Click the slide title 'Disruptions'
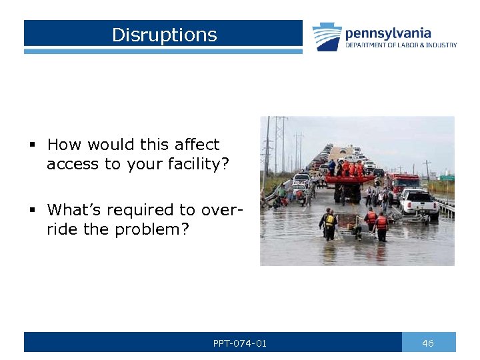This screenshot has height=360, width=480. click(x=164, y=35)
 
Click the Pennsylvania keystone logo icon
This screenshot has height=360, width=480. click(x=327, y=36)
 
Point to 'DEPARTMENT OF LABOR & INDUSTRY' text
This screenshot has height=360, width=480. click(x=401, y=45)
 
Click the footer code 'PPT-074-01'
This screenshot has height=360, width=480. click(x=239, y=343)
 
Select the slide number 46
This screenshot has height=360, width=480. click(x=428, y=343)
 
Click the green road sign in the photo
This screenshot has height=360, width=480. click(x=446, y=178)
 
